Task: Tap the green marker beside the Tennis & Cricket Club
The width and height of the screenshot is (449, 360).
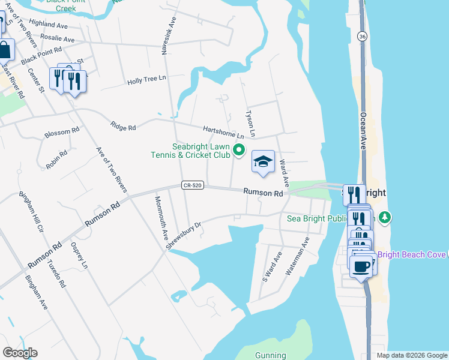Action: click(239, 150)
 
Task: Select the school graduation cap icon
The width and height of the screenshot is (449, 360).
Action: click(262, 161)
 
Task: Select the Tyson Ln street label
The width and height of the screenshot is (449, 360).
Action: click(252, 123)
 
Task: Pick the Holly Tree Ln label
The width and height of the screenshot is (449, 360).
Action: click(146, 82)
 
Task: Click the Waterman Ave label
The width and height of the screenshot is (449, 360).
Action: click(297, 256)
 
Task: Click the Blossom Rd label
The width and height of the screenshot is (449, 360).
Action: click(62, 132)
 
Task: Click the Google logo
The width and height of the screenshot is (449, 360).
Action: click(20, 353)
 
